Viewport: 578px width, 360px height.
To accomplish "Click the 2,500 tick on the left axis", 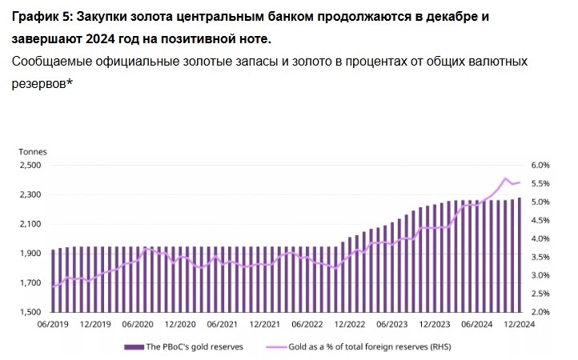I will [30, 166].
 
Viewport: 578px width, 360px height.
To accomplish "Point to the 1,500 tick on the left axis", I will [30, 312].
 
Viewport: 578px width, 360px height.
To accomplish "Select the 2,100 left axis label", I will [30, 224].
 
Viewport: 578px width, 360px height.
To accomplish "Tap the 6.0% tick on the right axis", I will [541, 166].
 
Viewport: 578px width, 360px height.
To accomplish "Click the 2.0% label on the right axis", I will [541, 312].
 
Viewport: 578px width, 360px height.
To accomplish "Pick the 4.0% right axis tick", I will [541, 239].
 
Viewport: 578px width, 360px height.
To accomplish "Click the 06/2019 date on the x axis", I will [53, 325].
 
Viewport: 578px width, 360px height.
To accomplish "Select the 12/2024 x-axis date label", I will [519, 325].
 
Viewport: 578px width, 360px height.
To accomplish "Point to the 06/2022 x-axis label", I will [307, 325].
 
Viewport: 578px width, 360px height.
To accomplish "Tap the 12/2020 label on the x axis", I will [180, 325].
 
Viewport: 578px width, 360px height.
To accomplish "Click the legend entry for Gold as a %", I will [370, 346].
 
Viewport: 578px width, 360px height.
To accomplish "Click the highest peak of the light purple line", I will [505, 178].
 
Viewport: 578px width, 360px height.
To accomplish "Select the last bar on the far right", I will [520, 254].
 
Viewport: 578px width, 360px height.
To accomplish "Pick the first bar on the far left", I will [54, 281].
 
